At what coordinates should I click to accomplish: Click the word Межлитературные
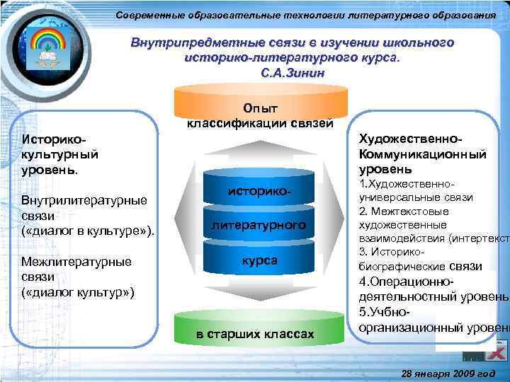(x=76, y=262)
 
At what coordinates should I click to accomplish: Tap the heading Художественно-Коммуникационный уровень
(x=422, y=154)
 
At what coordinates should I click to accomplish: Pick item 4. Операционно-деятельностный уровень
(x=432, y=289)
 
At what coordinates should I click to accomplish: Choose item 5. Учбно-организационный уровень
(x=432, y=319)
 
